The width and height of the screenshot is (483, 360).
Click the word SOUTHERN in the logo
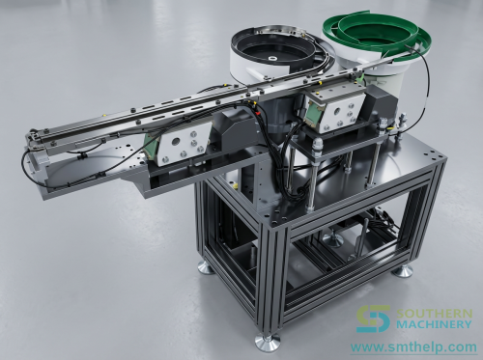(x=434, y=313)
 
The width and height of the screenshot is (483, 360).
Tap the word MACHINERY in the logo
(x=434, y=324)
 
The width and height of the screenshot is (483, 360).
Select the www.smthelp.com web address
(x=413, y=347)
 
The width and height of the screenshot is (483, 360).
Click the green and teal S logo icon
(x=373, y=318)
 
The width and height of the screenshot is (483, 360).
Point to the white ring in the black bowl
(x=271, y=59)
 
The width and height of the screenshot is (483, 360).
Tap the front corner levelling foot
(x=267, y=341)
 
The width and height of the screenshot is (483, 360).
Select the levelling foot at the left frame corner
(x=206, y=267)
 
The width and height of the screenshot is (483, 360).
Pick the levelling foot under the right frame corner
(x=403, y=271)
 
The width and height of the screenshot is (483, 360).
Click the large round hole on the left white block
(x=176, y=141)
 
